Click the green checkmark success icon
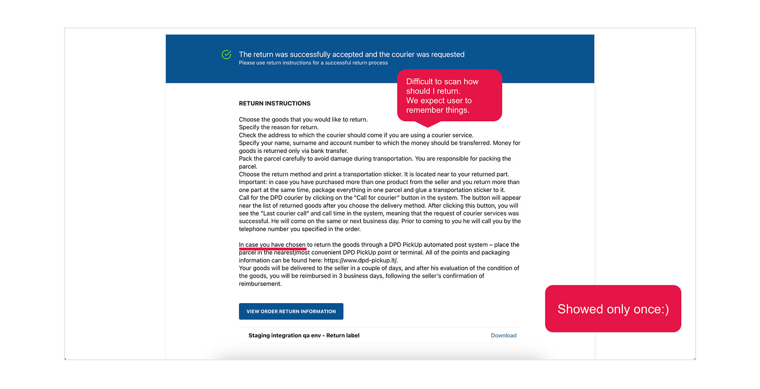227,55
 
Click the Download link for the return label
503,336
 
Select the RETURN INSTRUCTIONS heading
275,104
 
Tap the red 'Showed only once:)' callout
613,309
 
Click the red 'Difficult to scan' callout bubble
449,95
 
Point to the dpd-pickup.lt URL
361,261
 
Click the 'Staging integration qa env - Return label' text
304,336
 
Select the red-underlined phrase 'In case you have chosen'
272,245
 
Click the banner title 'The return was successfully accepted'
351,54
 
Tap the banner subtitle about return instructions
313,63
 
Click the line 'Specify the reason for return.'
279,128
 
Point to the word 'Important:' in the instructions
253,182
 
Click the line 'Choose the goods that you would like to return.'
303,120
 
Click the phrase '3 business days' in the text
359,276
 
